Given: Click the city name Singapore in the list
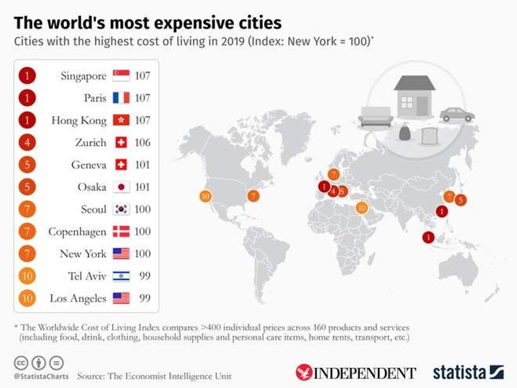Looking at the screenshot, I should pos(83,76).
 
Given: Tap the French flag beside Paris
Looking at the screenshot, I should pos(121,98).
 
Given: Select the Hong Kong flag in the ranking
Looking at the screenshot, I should pos(121,120).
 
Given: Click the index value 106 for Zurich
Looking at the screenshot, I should pos(142,143).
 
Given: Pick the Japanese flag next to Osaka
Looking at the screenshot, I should pos(121,187).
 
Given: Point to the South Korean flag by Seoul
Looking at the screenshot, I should pos(121,210).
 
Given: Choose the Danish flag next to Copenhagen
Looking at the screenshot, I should pos(121,232).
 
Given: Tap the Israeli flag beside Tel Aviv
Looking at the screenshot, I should pos(121,276).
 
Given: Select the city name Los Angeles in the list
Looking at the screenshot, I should pos(78,298).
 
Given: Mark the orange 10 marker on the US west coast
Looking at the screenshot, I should pos(205,196).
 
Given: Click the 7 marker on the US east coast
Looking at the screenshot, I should pos(254,196).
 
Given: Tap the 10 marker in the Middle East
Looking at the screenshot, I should pos(362,208).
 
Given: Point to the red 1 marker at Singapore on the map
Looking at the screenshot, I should pos(428,238).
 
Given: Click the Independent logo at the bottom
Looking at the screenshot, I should pos(356,372).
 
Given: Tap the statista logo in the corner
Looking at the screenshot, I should pos(468,372).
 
